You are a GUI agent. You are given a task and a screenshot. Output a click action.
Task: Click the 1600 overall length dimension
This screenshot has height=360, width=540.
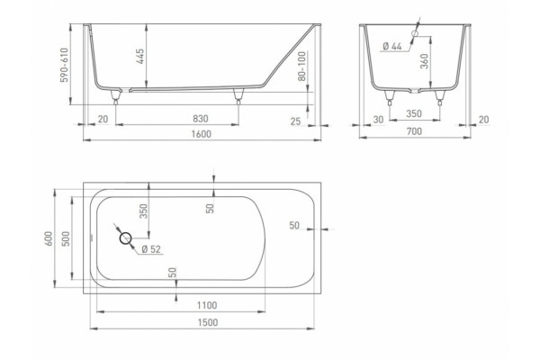coord(201,134)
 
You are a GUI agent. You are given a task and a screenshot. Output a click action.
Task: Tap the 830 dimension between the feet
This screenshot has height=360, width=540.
coord(201,119)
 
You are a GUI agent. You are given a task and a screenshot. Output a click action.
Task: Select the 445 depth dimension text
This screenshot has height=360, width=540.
coord(140,56)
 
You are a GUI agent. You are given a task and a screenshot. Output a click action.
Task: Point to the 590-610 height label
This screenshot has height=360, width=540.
coord(65,65)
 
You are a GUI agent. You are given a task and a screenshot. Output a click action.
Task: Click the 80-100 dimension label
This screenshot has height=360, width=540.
coord(302,66)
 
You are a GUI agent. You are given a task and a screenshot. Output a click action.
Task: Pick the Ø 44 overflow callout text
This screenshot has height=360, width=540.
coord(392,46)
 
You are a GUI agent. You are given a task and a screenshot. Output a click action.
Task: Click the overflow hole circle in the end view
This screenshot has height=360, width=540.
coord(415,33)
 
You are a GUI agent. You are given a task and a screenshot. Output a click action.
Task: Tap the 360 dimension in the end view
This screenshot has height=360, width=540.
coord(425,61)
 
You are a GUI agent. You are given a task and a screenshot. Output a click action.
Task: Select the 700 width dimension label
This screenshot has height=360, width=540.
coord(414,131)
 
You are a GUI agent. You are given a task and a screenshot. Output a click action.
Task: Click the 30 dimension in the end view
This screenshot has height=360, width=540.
coord(378,120)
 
